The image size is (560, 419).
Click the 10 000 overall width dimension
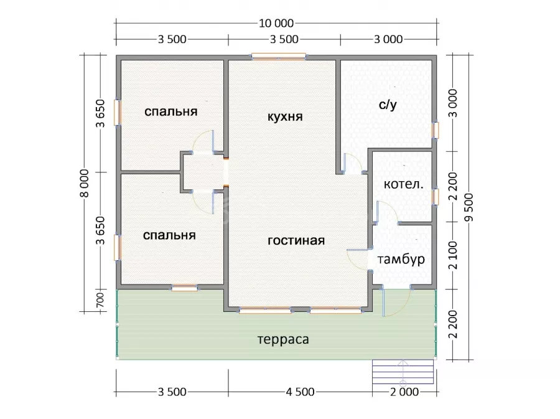[276, 24]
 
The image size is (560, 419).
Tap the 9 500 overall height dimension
[469, 207]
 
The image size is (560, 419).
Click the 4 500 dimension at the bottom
[300, 392]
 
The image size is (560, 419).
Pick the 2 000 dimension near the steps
[404, 392]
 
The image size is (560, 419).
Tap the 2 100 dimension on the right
[453, 255]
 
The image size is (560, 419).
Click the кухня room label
[285, 117]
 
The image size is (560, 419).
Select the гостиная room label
[296, 240]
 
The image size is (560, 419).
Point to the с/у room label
[388, 105]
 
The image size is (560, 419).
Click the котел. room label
[404, 184]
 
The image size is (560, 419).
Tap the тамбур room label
[401, 259]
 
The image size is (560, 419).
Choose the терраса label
[283, 339]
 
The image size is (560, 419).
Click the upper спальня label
[170, 111]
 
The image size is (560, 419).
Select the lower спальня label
[169, 235]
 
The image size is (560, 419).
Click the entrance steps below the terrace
[403, 372]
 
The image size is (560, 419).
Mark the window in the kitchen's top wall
[279, 57]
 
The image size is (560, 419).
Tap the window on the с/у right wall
[435, 130]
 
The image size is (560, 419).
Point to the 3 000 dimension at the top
[388, 39]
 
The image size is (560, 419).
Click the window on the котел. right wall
[435, 197]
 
